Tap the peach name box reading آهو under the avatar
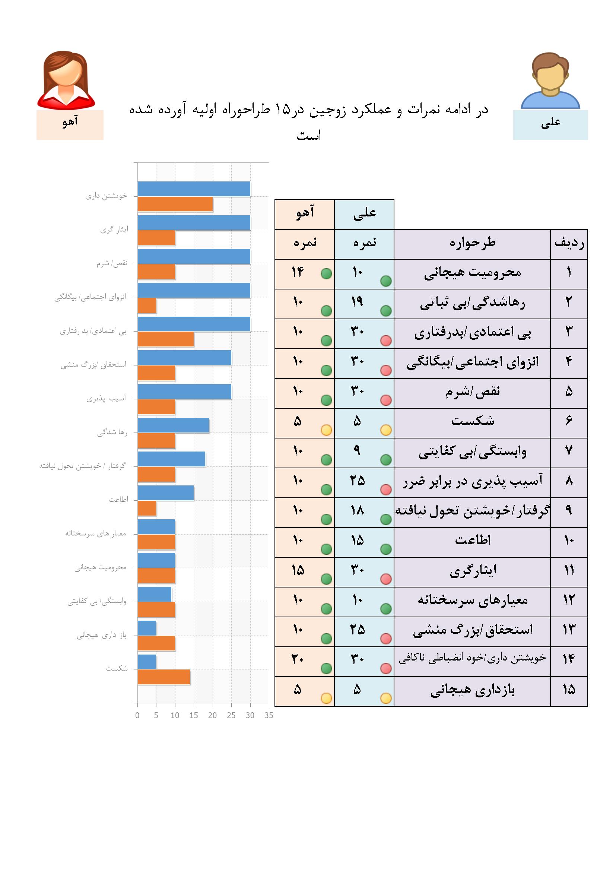tap(70, 125)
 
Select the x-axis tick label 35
tap(269, 715)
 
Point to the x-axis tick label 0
tap(137, 715)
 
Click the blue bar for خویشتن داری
tap(193, 189)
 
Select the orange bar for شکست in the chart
tap(163, 677)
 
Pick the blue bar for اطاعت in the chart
tap(165, 493)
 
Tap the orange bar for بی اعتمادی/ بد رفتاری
tap(165, 339)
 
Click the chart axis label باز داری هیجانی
tap(101, 636)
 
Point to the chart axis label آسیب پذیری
tap(106, 399)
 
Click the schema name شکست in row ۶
tap(472, 421)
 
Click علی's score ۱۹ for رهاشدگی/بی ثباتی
tap(357, 302)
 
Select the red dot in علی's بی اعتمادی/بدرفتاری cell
tap(386, 341)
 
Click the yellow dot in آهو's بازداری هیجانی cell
tap(326, 698)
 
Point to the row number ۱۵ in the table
tap(569, 690)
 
